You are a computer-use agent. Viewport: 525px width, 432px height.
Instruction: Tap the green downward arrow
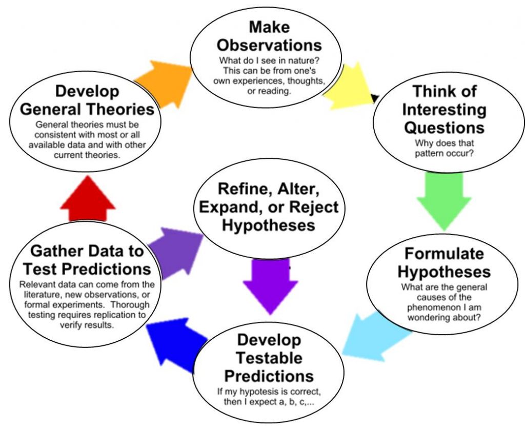[x=443, y=197]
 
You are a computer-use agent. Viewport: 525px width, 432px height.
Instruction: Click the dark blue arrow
[x=174, y=348]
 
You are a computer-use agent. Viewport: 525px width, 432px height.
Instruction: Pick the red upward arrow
[x=88, y=198]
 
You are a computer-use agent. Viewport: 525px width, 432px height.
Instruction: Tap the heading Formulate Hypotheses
[x=444, y=262]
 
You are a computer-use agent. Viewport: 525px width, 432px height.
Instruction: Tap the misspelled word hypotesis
[x=258, y=392]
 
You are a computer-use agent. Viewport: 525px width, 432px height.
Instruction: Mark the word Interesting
[x=444, y=109]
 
